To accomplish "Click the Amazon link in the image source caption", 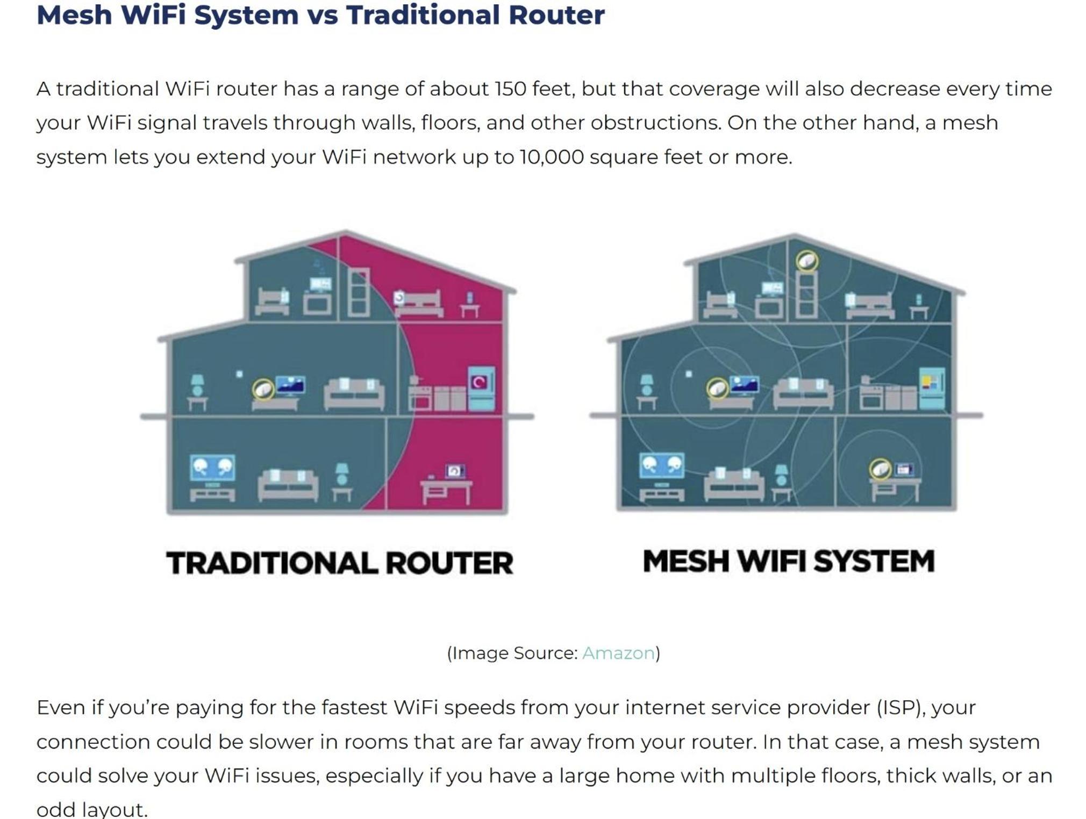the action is [618, 653].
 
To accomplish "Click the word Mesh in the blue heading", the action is [74, 15].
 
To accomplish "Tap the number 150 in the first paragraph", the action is [510, 89].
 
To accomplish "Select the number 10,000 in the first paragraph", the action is [551, 157].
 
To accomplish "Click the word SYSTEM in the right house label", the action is [874, 561].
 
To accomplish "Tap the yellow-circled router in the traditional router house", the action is [263, 389].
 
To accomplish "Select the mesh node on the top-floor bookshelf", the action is [807, 262].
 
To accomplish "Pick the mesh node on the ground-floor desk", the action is [880, 469].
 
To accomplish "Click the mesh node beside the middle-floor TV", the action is [717, 388].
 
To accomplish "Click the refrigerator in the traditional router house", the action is [481, 389].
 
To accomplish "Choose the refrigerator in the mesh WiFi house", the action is [932, 388].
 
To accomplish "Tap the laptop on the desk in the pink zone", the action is [455, 471].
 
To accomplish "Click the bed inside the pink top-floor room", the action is [420, 304].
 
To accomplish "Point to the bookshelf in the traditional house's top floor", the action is [359, 292].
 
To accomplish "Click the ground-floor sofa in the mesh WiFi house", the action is [734, 484].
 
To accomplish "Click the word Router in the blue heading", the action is [556, 15].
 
